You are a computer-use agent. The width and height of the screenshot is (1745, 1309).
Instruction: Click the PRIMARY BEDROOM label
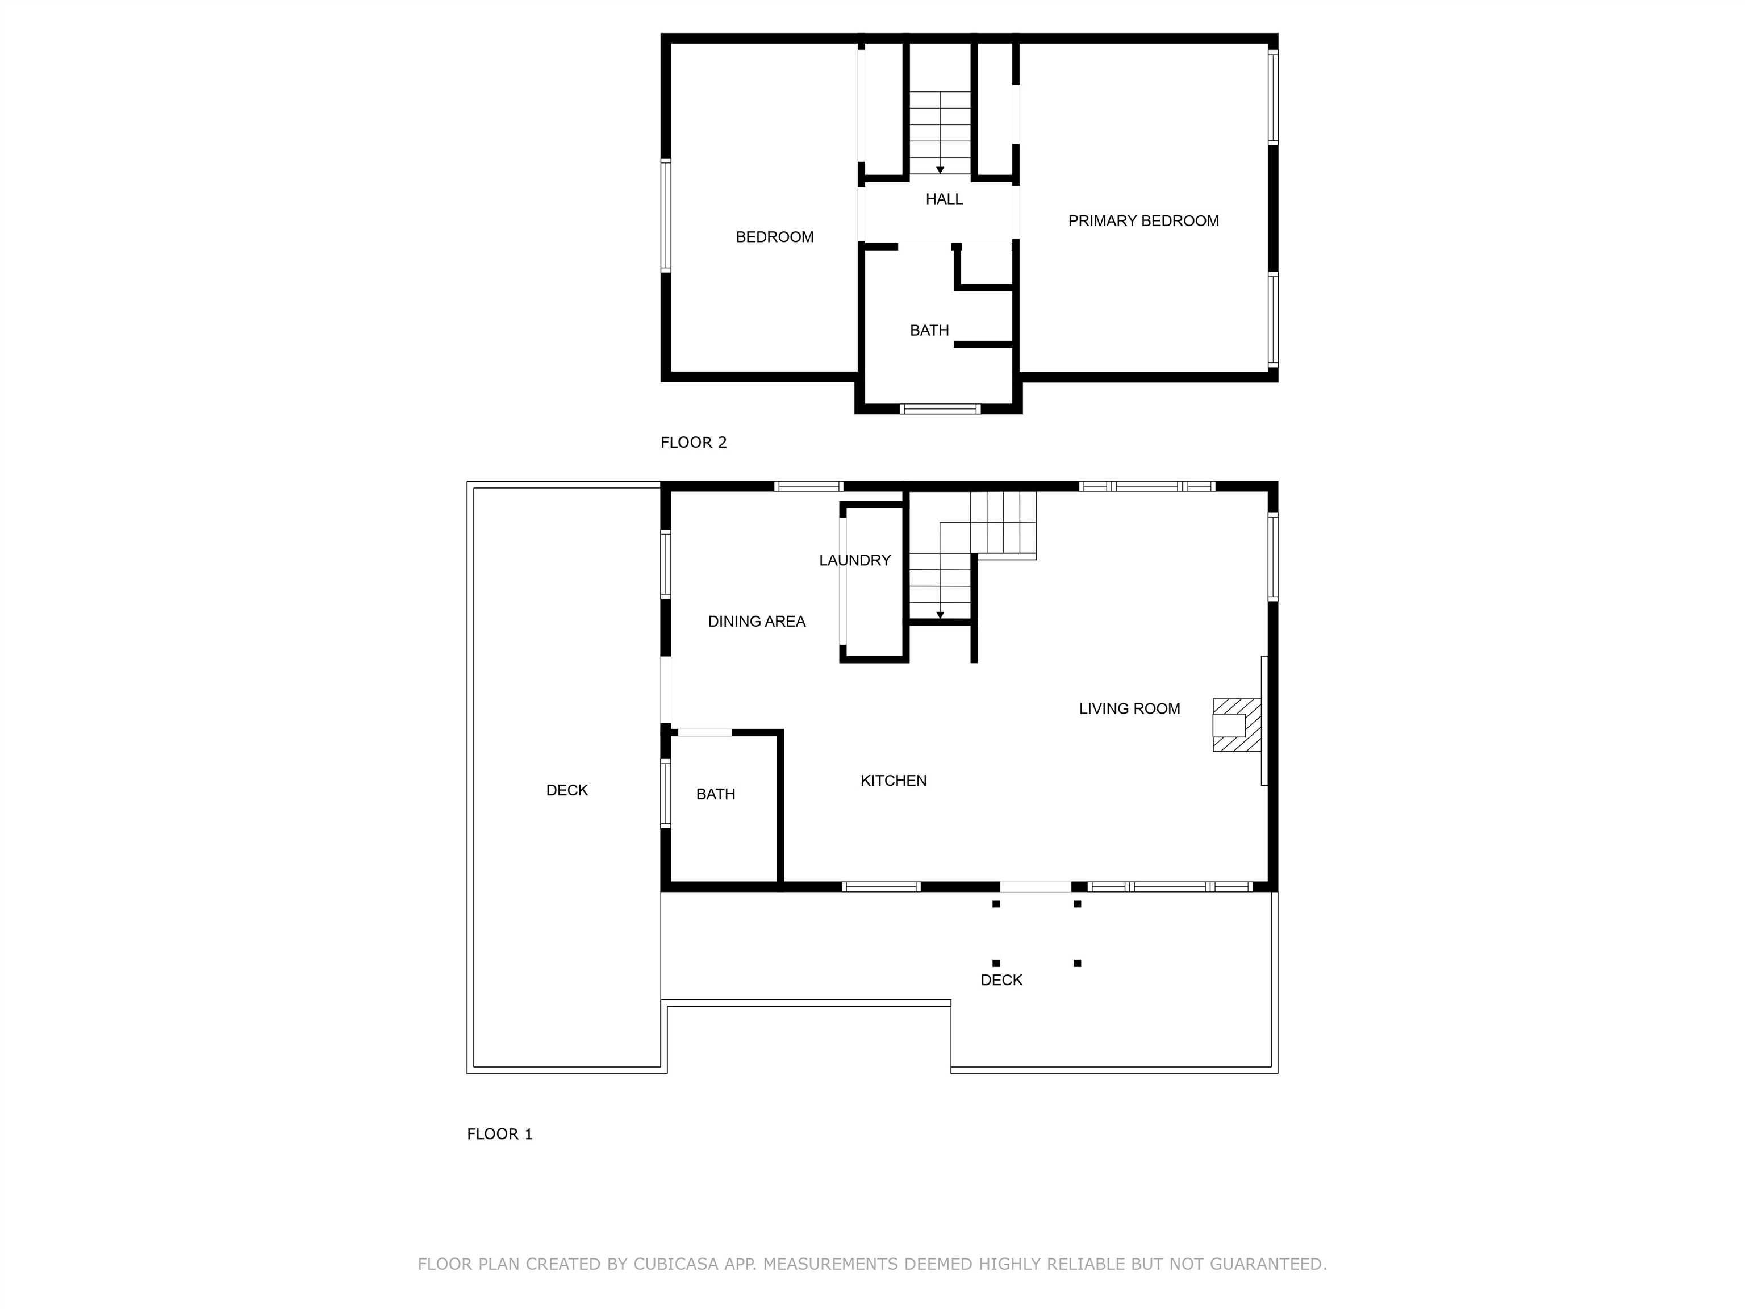pos(1143,221)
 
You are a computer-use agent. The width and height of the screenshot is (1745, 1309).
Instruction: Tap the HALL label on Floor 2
pos(944,199)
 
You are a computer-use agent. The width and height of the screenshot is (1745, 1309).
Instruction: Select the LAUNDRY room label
pos(854,560)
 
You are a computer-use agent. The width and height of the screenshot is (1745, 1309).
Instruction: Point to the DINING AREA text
pos(757,622)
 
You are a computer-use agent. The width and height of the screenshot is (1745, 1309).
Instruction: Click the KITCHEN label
pos(893,781)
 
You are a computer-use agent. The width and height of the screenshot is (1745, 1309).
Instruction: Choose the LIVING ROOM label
pos(1129,708)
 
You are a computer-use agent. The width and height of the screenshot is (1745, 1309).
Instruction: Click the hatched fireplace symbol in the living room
pos(1235,724)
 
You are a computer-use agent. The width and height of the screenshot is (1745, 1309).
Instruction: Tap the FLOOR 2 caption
pos(694,443)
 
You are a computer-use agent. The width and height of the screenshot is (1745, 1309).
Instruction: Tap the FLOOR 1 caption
pos(499,1134)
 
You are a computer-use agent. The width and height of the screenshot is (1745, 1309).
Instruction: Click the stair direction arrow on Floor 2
pos(940,170)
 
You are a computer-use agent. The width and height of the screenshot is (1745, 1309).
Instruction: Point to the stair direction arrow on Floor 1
pos(940,615)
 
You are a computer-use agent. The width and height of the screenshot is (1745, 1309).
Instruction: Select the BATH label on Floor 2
pos(929,331)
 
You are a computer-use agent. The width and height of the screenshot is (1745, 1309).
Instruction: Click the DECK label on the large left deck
pos(566,790)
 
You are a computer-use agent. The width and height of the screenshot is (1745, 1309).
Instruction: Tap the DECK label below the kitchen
pos(1001,980)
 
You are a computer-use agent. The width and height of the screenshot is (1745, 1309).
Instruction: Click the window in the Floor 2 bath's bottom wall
pos(940,408)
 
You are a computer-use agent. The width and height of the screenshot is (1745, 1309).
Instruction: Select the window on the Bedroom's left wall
pos(666,215)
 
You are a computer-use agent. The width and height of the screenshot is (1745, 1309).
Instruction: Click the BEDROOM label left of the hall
pos(774,237)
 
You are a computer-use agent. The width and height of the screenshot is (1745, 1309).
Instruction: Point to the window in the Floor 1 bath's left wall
pos(666,793)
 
